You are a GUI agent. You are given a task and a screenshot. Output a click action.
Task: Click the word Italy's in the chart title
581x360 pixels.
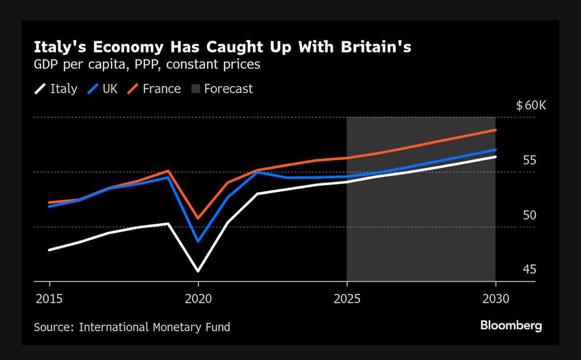pyautogui.click(x=58, y=47)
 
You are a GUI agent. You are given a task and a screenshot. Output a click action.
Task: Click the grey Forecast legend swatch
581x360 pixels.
pyautogui.click(x=195, y=89)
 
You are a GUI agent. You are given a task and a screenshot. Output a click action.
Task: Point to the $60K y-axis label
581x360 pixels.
pyautogui.click(x=531, y=106)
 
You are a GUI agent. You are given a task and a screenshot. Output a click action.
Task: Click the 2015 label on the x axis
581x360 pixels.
pyautogui.click(x=49, y=298)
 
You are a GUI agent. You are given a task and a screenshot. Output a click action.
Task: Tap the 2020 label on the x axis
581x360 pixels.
pyautogui.click(x=198, y=298)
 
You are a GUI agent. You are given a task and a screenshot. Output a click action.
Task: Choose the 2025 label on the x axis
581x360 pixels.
pyautogui.click(x=347, y=298)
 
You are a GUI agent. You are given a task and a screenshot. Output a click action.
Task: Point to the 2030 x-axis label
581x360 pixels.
pyautogui.click(x=495, y=298)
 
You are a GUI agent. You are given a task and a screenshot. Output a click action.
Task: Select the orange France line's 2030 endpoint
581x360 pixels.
pyautogui.click(x=495, y=130)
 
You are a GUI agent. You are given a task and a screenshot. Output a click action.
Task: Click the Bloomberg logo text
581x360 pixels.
pyautogui.click(x=511, y=326)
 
